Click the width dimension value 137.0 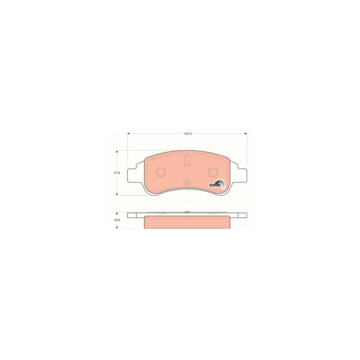pos(187,133)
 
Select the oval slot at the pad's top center pos(186,161)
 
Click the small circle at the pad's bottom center pos(186,182)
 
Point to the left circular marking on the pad pos(161,173)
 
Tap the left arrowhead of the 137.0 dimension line pos(129,133)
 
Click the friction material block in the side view pos(187,221)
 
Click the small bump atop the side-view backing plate pos(187,212)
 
